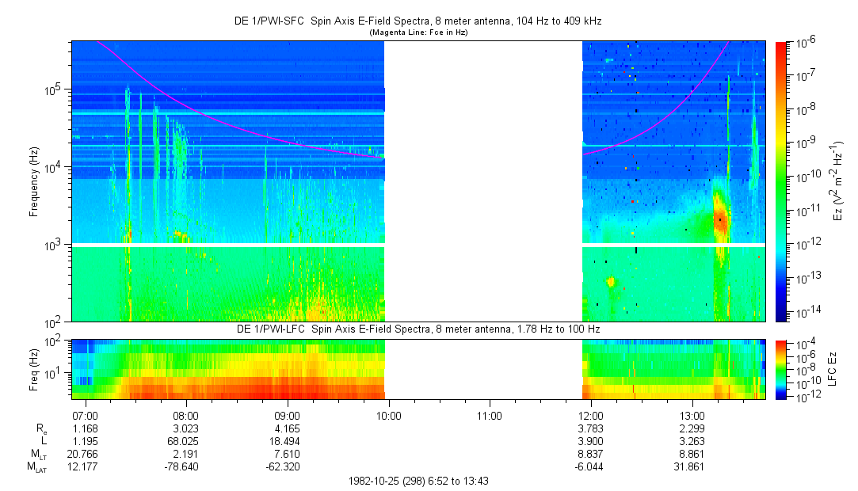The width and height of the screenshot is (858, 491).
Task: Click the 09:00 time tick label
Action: tap(287, 415)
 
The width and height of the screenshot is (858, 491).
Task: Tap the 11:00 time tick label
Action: tap(490, 415)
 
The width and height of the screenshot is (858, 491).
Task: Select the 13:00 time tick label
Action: tap(692, 415)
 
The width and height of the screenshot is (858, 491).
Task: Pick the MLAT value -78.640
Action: tap(185, 467)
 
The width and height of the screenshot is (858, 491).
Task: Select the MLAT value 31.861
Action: tap(692, 467)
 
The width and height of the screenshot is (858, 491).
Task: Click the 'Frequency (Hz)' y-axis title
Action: tap(34, 181)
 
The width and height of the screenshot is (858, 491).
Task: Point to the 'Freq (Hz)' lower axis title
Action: tap(34, 368)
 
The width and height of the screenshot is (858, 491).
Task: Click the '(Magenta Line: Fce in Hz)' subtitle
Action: tap(418, 32)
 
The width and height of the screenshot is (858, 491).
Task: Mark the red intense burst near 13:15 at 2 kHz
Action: tap(720, 220)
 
